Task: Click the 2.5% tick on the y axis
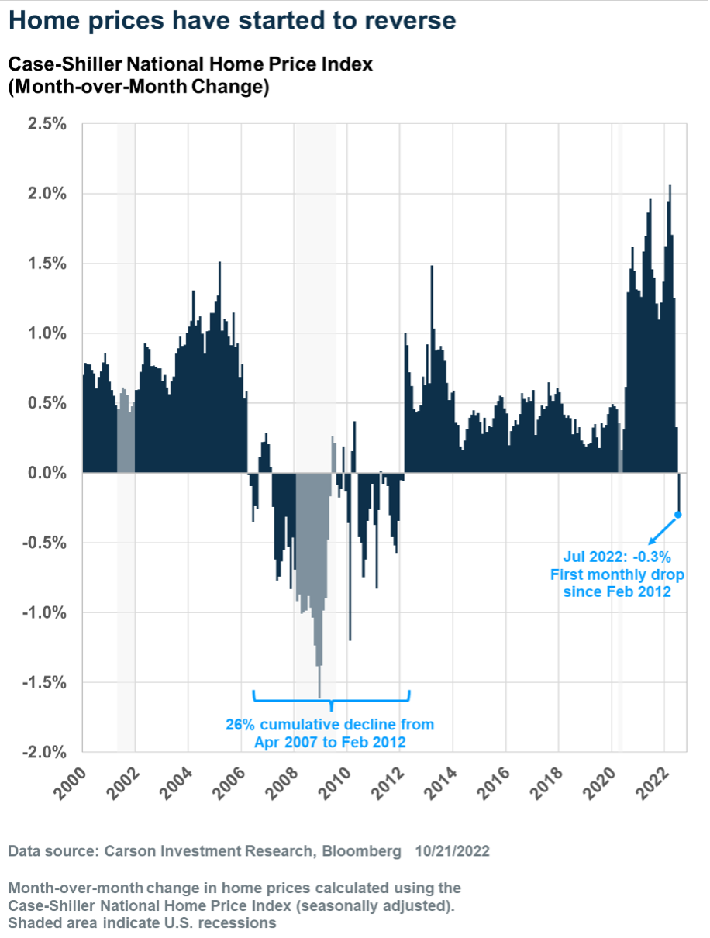tap(48, 124)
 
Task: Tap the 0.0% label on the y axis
tap(48, 473)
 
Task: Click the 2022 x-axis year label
tap(650, 781)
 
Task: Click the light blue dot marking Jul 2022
tap(678, 515)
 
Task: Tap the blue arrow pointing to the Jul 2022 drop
tap(662, 529)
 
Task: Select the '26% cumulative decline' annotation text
tap(330, 725)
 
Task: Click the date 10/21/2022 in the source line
tap(452, 851)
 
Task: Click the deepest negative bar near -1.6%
tap(319, 682)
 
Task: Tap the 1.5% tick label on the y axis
tap(48, 264)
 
